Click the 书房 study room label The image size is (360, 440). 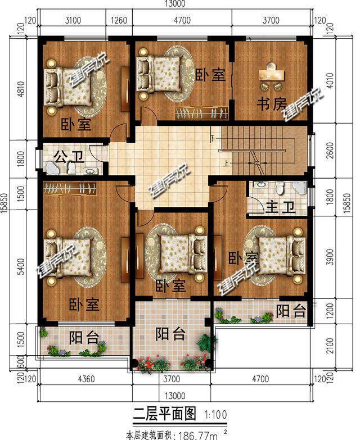pos(272,105)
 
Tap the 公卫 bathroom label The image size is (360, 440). pos(67,155)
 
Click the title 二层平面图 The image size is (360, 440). pos(165,415)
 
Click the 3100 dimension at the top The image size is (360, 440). pos(73,21)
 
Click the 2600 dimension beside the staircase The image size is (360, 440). pos(336,151)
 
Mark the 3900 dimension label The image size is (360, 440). pos(336,257)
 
